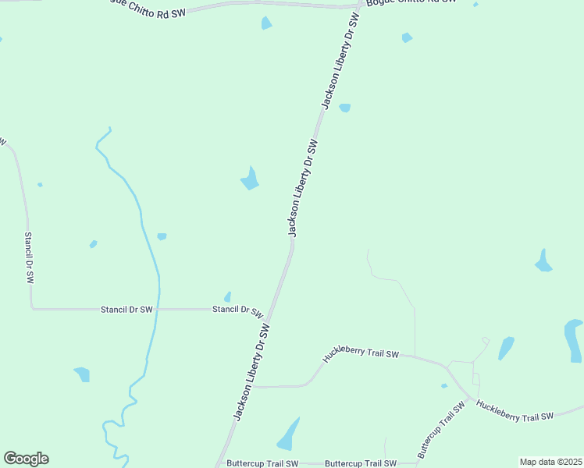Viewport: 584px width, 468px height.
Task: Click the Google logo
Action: click(26, 459)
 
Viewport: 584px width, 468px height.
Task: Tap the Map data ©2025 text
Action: click(550, 462)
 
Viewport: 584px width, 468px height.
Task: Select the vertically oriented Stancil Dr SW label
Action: click(29, 257)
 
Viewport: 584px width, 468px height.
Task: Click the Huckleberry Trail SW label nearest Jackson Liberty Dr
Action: click(361, 355)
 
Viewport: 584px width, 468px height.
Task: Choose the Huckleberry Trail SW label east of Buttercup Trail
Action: click(515, 411)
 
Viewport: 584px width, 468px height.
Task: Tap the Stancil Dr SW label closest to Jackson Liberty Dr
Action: click(237, 310)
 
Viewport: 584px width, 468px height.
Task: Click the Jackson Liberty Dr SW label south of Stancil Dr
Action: click(251, 373)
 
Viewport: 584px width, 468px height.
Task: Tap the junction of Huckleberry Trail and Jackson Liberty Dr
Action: click(252, 386)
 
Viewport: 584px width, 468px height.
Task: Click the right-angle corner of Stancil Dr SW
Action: click(32, 309)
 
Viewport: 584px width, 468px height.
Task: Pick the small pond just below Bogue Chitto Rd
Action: click(266, 23)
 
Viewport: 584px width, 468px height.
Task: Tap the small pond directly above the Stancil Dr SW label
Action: click(227, 297)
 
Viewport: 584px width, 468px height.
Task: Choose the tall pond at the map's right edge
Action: click(574, 340)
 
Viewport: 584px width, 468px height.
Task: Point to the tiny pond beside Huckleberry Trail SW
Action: click(444, 385)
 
